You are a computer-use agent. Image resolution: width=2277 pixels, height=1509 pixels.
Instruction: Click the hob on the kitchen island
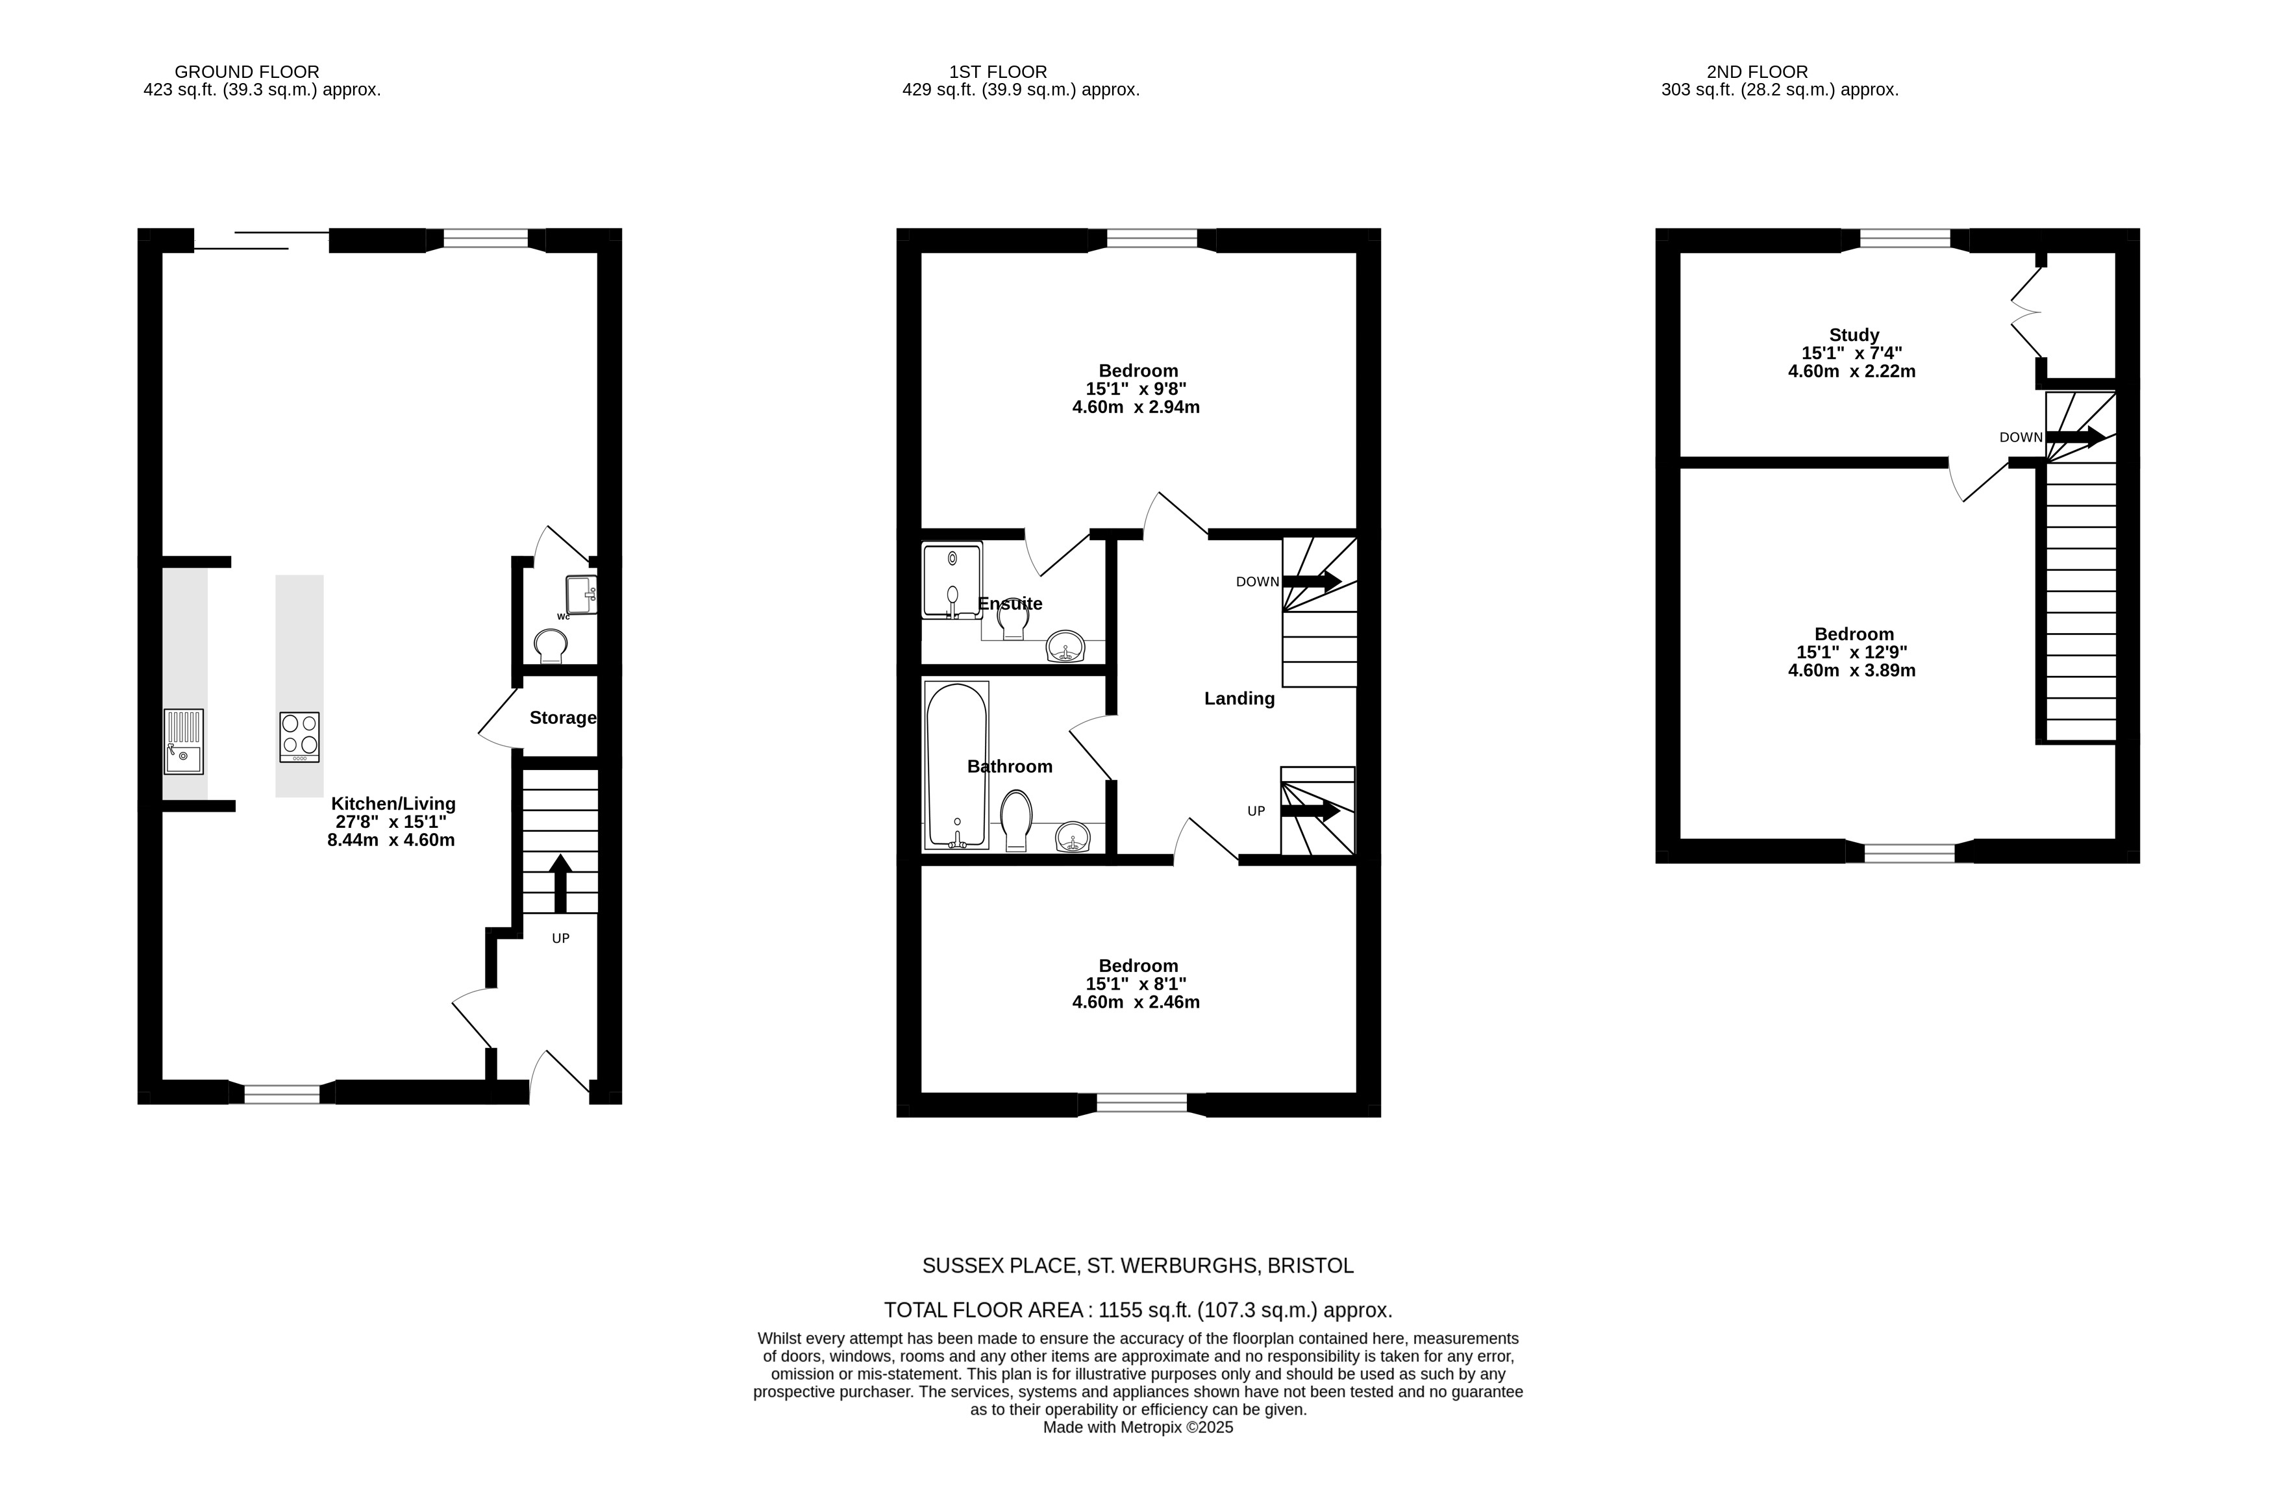click(299, 737)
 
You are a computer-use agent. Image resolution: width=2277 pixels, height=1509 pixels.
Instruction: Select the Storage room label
click(563, 718)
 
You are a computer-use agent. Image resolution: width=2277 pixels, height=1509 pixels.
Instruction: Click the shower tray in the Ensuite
click(952, 580)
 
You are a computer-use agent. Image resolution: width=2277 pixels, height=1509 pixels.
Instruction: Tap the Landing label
click(1239, 699)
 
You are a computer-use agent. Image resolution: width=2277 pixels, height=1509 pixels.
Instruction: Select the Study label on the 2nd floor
click(1854, 335)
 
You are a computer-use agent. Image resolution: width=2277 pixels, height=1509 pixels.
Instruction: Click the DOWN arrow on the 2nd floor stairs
click(2076, 437)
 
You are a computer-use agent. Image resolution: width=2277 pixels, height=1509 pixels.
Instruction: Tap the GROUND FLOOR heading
click(247, 72)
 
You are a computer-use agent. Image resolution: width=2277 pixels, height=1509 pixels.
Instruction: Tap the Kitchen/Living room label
click(393, 804)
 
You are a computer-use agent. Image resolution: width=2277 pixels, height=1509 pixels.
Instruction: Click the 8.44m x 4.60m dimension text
click(391, 840)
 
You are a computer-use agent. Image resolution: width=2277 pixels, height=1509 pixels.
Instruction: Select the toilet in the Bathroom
click(1016, 821)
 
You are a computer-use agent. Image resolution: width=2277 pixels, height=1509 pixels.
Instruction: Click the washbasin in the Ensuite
click(1066, 647)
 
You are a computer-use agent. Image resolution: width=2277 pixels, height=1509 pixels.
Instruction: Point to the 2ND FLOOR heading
click(1758, 72)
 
